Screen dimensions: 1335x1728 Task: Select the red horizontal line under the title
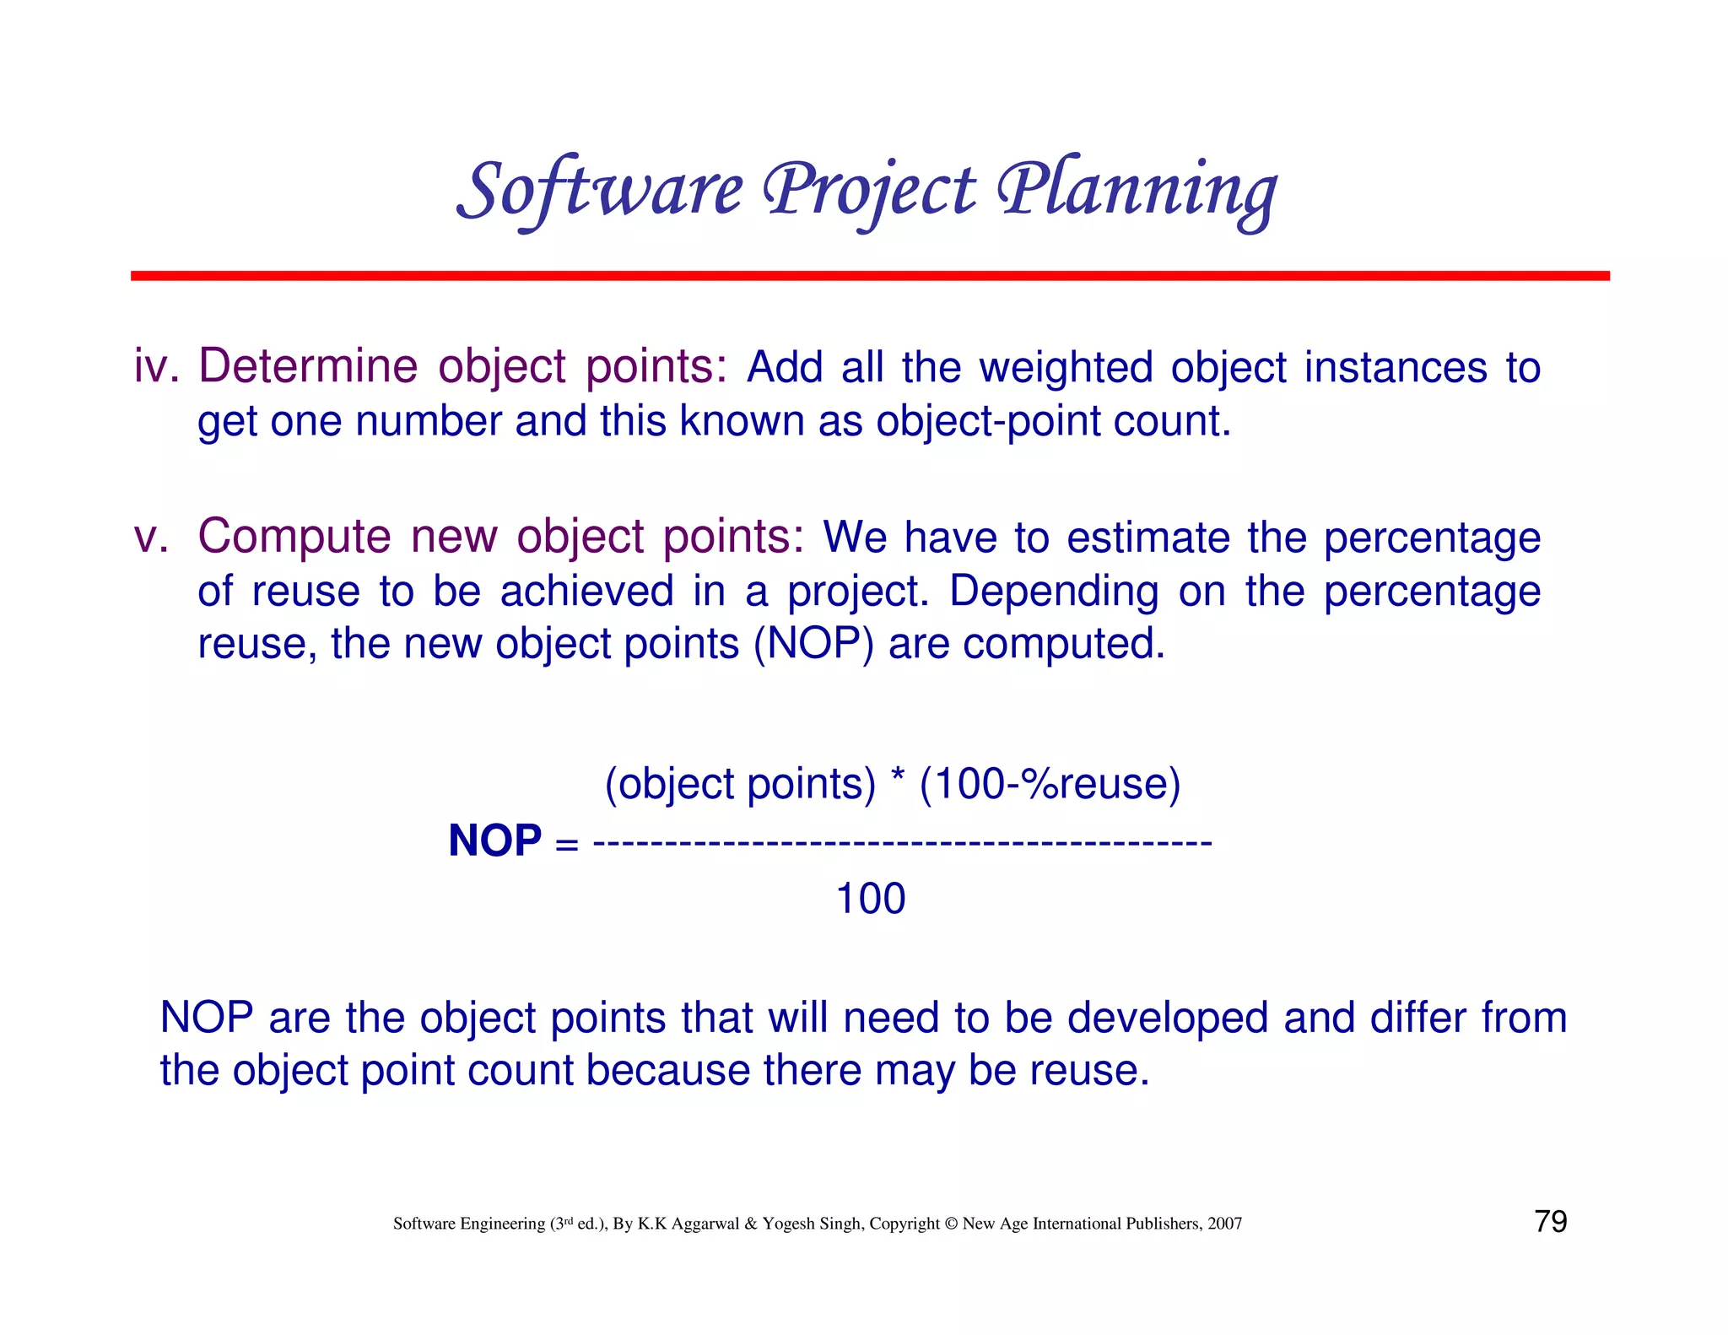[870, 276]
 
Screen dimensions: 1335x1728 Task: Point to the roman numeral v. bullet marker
[152, 538]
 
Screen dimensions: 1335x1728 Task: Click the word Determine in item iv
[308, 368]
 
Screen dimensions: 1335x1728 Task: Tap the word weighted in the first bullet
[1066, 369]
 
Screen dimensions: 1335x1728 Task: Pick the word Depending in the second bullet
[1054, 592]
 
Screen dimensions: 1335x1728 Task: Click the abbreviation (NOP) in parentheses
[813, 644]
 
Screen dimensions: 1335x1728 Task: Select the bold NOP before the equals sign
[494, 841]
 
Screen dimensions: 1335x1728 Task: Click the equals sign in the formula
[568, 843]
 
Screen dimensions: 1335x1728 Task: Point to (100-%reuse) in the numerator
[1050, 784]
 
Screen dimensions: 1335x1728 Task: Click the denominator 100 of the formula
[870, 899]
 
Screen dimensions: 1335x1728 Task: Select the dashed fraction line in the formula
[902, 842]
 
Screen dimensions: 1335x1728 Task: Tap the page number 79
[1550, 1222]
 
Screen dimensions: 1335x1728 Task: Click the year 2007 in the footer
[1224, 1224]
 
